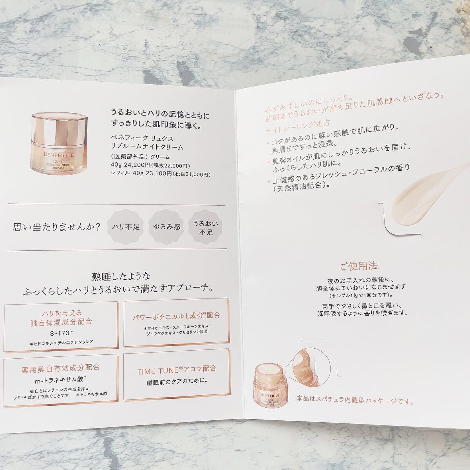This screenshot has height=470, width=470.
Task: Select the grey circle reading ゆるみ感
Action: click(x=166, y=226)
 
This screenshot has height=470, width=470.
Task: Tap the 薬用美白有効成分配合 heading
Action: click(x=61, y=368)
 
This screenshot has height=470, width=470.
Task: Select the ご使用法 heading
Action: click(x=358, y=266)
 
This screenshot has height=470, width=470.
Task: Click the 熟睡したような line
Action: click(x=118, y=275)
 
